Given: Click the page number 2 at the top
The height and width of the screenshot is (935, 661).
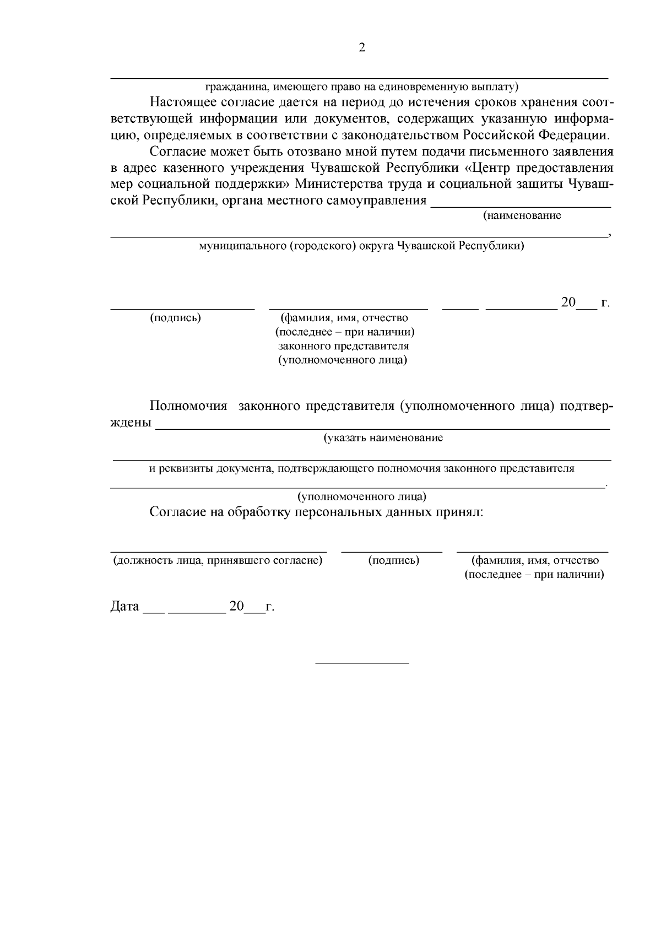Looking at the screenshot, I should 361,48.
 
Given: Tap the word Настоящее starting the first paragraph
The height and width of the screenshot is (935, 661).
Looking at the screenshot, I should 183,102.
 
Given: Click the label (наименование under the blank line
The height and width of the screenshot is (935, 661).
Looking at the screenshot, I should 522,216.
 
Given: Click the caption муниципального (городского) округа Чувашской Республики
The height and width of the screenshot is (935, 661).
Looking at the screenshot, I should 361,246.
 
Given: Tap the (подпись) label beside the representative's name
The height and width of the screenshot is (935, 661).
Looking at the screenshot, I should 175,318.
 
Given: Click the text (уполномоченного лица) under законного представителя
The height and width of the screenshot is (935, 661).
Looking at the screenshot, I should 344,360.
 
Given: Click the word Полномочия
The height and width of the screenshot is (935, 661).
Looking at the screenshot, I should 188,406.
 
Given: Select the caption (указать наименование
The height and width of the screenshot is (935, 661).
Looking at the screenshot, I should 383,438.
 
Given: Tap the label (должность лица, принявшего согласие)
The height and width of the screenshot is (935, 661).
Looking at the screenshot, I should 218,560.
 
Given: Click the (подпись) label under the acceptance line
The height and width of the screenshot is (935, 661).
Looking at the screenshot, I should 393,560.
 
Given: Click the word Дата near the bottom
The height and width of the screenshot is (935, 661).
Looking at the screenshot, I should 125,607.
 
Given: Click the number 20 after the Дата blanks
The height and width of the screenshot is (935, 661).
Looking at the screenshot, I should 236,606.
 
